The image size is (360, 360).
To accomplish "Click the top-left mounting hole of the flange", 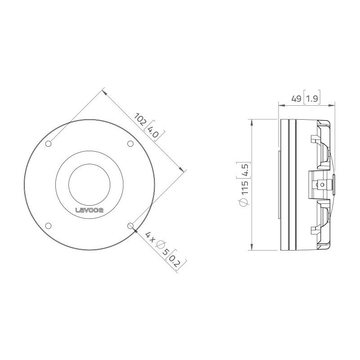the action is point(48,144).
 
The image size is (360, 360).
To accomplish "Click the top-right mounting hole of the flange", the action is point(130,144).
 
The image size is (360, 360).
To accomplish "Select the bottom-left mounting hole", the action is point(48,226).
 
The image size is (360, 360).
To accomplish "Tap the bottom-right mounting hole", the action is point(130,226).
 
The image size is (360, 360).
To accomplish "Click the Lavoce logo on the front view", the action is point(89,210).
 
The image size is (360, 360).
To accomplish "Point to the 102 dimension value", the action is point(140,119).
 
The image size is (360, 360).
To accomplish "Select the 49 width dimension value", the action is point(296,99).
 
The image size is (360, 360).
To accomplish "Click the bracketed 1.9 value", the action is point(312,99).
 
